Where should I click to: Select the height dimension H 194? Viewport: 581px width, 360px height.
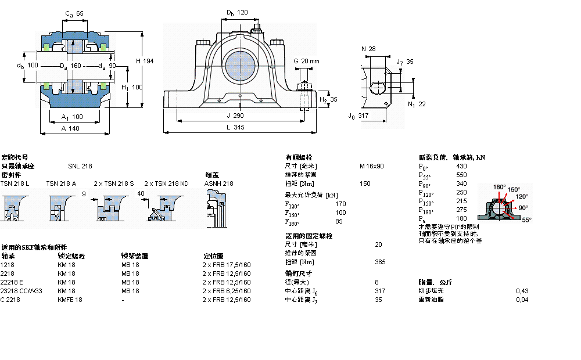[x=145, y=61]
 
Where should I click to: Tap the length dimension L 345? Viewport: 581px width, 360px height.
[x=235, y=127]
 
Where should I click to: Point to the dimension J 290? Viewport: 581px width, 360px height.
[x=235, y=116]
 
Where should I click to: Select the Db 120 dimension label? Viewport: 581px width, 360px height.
[x=237, y=12]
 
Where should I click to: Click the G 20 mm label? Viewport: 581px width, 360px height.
[x=306, y=61]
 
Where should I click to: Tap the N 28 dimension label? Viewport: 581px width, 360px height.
[x=368, y=49]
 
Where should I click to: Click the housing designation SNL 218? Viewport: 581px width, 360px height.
[x=80, y=166]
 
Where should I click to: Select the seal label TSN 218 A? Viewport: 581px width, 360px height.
[x=61, y=183]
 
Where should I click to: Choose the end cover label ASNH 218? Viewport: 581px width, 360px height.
[x=218, y=183]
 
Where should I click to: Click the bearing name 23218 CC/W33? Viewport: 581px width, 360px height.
[x=21, y=291]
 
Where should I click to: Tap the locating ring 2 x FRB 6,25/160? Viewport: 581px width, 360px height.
[x=226, y=291]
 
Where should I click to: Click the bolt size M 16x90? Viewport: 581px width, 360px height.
[x=371, y=166]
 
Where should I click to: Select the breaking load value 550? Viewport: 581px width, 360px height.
[x=461, y=175]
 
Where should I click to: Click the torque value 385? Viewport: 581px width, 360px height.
[x=381, y=262]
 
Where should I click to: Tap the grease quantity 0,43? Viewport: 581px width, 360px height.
[x=522, y=291]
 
